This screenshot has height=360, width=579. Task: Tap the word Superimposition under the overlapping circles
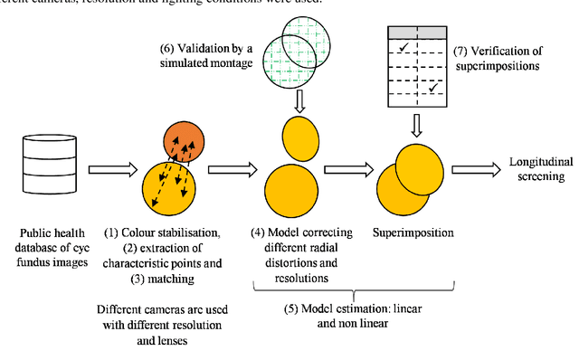point(412,232)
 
